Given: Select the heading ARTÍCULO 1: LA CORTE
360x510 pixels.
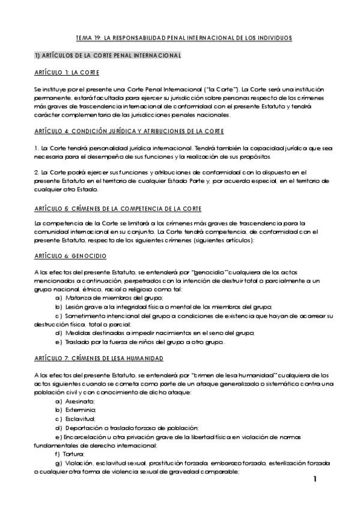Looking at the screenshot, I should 67,72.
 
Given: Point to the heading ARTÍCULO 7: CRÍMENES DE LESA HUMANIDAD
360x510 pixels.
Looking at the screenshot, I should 99,358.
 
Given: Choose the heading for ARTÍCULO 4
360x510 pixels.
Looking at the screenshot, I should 129,131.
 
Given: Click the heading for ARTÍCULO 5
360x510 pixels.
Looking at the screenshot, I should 118,208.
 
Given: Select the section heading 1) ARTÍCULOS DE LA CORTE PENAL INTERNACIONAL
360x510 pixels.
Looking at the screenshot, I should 108,55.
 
